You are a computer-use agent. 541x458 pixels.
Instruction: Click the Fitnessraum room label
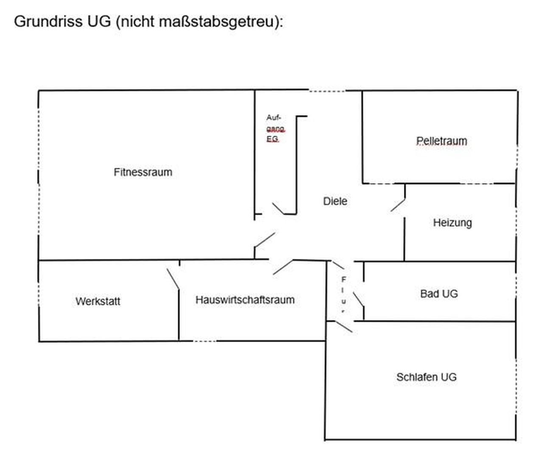(x=143, y=172)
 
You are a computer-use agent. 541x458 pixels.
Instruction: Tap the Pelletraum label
(x=441, y=141)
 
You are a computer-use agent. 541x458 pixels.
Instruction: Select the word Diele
(x=335, y=201)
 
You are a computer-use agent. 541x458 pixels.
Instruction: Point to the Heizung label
(x=452, y=223)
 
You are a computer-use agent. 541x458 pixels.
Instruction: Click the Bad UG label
(x=439, y=293)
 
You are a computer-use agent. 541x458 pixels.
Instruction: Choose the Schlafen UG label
(x=426, y=377)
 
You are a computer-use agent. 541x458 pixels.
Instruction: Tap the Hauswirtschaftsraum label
(x=245, y=300)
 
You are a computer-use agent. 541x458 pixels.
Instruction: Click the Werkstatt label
(x=98, y=301)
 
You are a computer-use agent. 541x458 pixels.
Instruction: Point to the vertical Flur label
(x=343, y=295)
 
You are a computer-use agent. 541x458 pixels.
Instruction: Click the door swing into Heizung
(x=398, y=204)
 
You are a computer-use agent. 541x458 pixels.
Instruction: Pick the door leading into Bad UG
(x=358, y=299)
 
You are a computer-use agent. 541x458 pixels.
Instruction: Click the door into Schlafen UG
(x=344, y=326)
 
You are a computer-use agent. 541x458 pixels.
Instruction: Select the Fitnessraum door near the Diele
(x=265, y=240)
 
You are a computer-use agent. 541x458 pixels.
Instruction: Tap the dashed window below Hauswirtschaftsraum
(x=204, y=341)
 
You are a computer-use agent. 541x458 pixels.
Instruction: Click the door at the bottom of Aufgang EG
(x=278, y=208)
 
